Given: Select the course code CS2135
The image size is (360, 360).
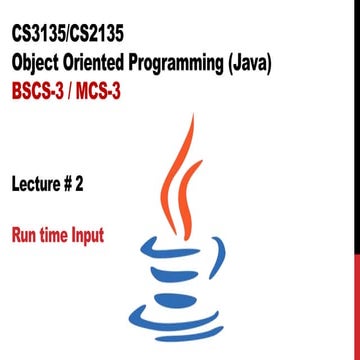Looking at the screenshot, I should point(116,37).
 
